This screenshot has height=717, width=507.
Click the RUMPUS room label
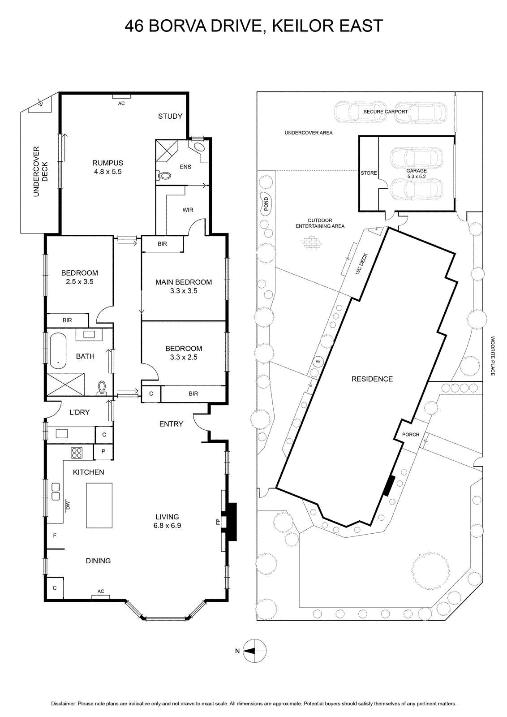[x=108, y=163]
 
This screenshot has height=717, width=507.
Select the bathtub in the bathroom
[x=58, y=351]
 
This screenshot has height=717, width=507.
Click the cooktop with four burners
[x=77, y=453]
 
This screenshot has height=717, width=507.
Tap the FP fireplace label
[x=218, y=522]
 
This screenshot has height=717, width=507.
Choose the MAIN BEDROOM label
[x=184, y=282]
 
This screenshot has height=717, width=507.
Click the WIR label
[x=188, y=210]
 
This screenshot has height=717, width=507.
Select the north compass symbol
[x=254, y=651]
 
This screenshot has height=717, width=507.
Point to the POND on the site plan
[x=266, y=203]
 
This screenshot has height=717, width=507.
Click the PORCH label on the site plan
[x=411, y=434]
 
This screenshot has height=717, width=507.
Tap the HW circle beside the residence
[x=318, y=362]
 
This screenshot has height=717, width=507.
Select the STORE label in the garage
[x=369, y=173]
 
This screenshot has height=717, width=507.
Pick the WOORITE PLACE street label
[x=493, y=356]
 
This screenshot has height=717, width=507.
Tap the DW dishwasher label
[x=68, y=505]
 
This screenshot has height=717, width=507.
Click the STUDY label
[x=170, y=116]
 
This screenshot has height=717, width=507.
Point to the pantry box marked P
[x=103, y=452]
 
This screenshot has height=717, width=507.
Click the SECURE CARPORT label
[x=386, y=112]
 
